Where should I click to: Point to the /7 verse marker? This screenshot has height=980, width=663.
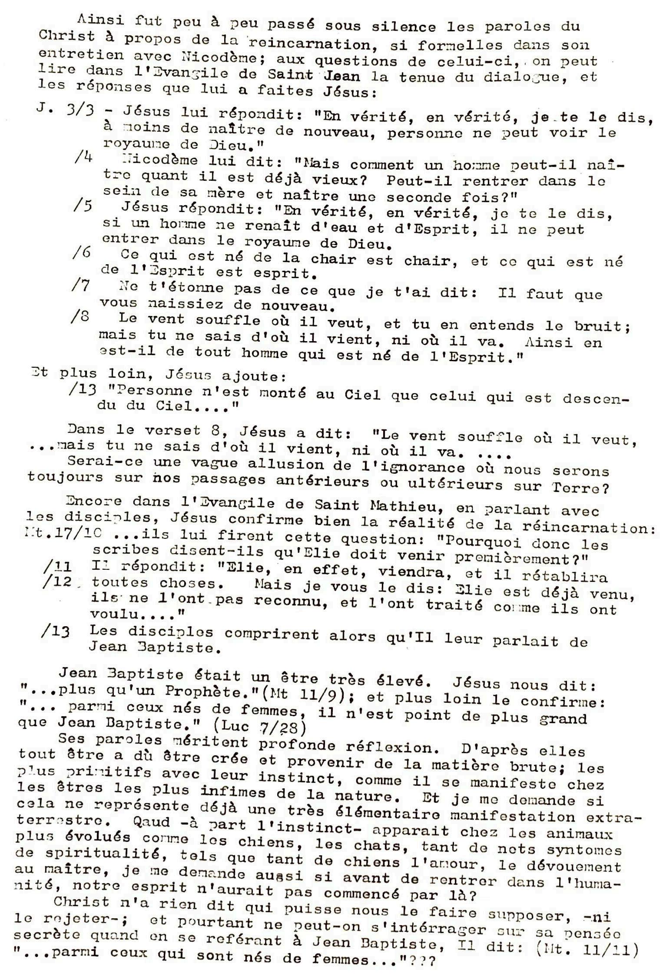coord(81,286)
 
